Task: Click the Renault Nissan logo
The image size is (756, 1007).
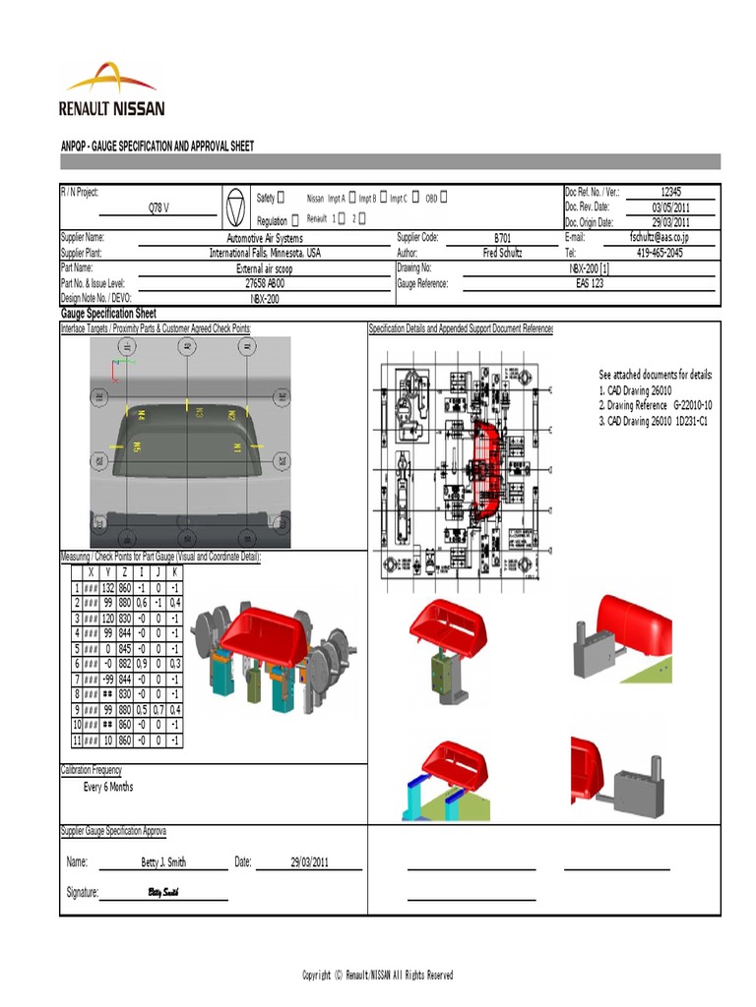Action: click(x=111, y=90)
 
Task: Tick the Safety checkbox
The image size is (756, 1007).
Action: click(x=282, y=198)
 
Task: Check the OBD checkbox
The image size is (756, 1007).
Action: click(x=444, y=198)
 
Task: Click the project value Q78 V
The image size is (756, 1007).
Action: click(x=158, y=208)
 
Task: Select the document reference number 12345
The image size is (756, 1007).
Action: click(x=670, y=193)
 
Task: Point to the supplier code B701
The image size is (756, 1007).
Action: click(x=503, y=238)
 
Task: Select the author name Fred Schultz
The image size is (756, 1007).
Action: click(x=503, y=253)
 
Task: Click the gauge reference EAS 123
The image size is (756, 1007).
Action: click(x=591, y=283)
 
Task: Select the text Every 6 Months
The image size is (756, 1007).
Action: click(x=108, y=788)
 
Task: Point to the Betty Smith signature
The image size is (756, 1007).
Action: click(x=163, y=892)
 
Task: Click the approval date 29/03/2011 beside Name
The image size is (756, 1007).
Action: click(x=309, y=862)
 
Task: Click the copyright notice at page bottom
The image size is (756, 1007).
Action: click(x=377, y=975)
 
